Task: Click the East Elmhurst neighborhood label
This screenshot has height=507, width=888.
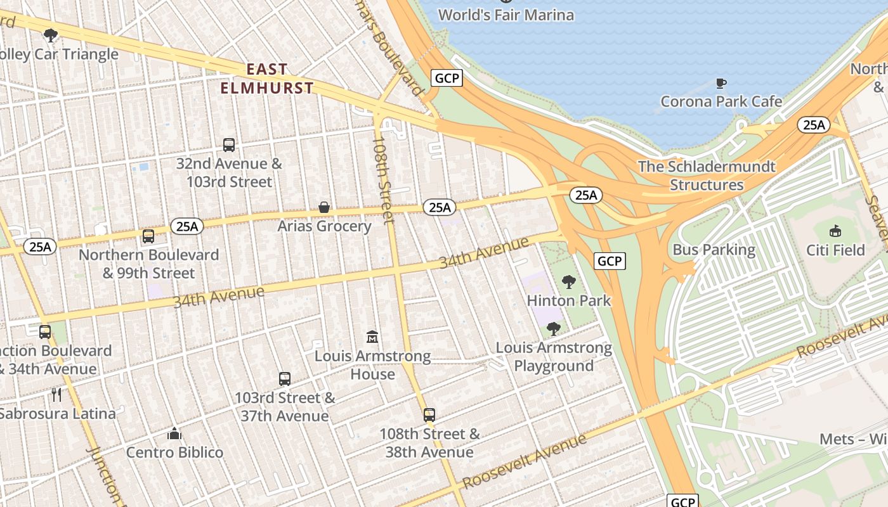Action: [267, 79]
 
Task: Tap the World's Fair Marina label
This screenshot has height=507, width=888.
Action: [506, 15]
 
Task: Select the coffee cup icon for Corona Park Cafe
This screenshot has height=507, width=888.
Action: [721, 83]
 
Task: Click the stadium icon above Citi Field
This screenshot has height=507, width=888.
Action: [835, 231]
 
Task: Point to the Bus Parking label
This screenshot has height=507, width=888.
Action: [714, 250]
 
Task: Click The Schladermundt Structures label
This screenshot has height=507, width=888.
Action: [707, 176]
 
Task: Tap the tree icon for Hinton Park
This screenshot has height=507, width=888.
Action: [569, 282]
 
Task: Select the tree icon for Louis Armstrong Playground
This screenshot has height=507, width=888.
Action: [554, 329]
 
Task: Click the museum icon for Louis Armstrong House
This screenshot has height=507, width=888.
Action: [373, 337]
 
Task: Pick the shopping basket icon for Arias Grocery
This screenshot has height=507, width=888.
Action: [324, 207]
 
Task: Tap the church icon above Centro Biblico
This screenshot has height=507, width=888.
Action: [174, 433]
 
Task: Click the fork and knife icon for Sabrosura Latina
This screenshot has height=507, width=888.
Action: [57, 395]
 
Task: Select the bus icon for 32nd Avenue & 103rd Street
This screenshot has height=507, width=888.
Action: [229, 145]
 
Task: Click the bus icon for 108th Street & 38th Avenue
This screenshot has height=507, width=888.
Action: [429, 415]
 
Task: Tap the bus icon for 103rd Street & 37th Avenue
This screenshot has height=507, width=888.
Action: [285, 379]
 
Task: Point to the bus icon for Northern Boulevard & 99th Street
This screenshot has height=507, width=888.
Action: [148, 236]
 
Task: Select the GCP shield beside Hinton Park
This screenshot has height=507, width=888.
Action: [610, 260]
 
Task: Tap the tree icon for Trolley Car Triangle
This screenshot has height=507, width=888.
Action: [51, 35]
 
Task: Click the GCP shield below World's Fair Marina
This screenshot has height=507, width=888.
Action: [447, 78]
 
